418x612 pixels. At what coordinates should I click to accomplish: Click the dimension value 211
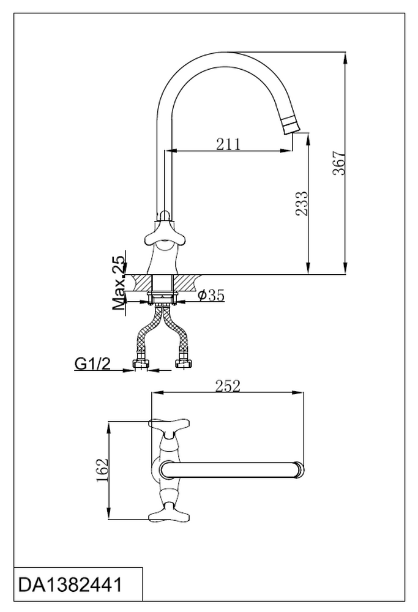228,144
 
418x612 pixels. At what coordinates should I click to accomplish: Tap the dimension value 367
340,163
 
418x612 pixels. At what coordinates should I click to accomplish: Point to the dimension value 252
228,386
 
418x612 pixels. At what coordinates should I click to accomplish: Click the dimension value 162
102,470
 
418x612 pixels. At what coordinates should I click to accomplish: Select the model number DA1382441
70,585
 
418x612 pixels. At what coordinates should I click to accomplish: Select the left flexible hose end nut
141,365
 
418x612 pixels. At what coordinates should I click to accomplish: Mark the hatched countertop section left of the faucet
140,282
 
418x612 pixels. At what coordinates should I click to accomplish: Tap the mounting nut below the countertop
162,300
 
